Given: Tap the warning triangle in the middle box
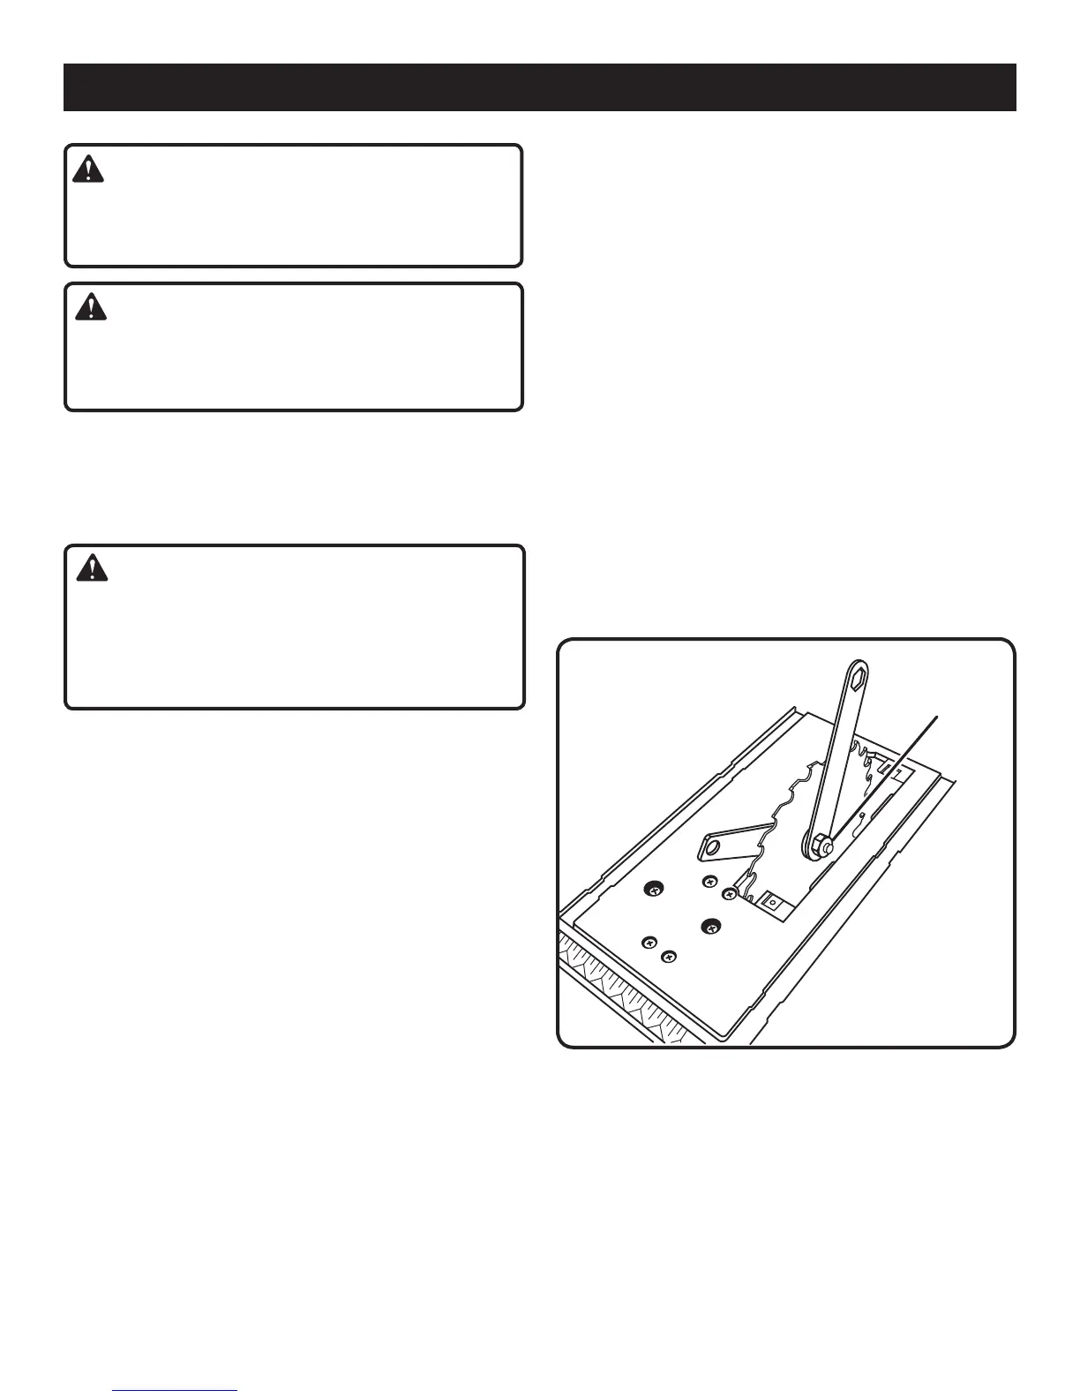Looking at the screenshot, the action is pos(90,306).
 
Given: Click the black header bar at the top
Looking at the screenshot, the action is pos(539,87).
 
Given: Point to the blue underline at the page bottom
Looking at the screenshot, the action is pos(176,1391).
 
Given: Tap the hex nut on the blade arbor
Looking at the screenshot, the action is pos(817,845).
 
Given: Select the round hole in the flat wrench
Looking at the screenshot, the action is pos(715,850).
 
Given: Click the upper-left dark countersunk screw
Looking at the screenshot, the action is pos(654,891).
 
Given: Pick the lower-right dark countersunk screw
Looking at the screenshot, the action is pos(710,926).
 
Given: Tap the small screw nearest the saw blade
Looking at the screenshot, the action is pos(729,895).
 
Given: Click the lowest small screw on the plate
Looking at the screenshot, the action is pos(669,956).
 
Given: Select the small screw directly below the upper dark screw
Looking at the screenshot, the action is pos(649,942).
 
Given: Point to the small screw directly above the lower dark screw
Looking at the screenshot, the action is pos(709,881).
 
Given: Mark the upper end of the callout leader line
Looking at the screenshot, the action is pos(936,716).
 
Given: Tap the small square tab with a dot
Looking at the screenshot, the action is pos(772,903).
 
